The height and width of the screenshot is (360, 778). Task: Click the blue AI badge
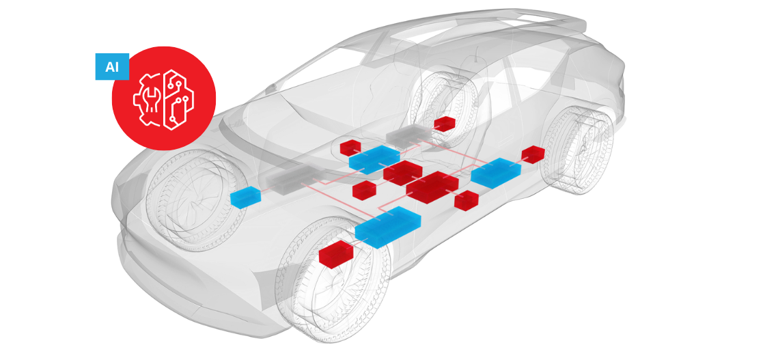(112, 66)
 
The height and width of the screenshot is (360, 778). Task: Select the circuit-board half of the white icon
(178, 98)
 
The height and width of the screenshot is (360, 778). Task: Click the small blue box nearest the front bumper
(245, 197)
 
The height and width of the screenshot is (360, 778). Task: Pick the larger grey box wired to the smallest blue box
(295, 177)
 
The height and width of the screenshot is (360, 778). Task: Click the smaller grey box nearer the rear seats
(408, 135)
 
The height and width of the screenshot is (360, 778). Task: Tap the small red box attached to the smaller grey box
(445, 123)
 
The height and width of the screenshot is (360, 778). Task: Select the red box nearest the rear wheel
(533, 154)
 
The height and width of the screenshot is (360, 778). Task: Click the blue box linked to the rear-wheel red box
(496, 173)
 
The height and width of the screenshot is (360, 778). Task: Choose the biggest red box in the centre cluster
(432, 186)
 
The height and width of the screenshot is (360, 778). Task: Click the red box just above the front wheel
(335, 254)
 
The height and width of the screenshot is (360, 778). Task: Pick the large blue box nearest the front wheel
(388, 226)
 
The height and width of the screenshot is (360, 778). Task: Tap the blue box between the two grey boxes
(374, 159)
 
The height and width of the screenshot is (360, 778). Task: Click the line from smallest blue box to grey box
(263, 191)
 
